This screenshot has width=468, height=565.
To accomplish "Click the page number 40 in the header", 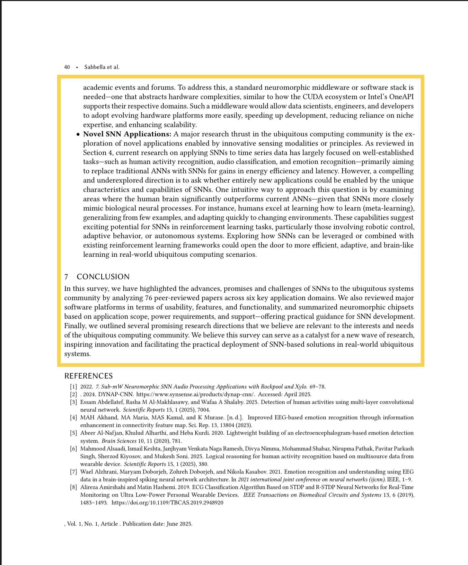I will click(67, 67).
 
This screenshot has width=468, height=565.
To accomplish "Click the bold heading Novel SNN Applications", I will click(127, 134).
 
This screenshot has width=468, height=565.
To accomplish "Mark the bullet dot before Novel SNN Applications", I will click(78, 134).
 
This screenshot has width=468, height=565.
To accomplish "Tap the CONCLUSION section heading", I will click(103, 277).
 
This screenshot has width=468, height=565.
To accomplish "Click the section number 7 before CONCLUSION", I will click(66, 277).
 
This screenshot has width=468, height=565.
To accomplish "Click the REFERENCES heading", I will click(89, 376).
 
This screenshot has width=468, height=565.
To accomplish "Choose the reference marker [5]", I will click(74, 433).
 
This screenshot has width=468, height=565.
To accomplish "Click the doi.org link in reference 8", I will click(167, 503).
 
